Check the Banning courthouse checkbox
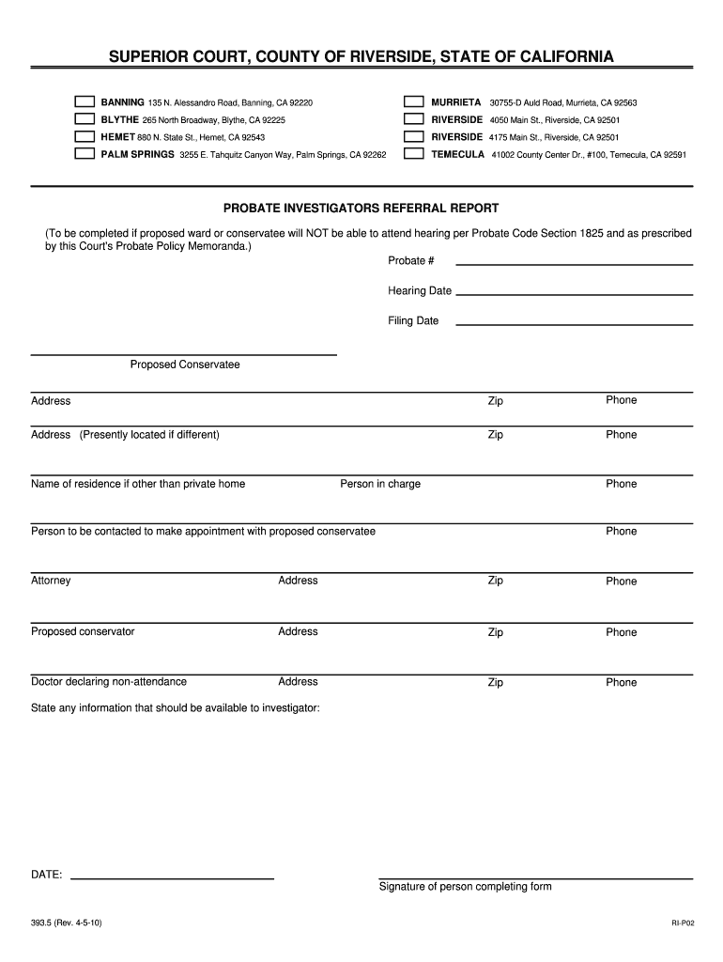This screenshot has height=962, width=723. (x=85, y=101)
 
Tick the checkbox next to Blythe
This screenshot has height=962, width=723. (x=85, y=119)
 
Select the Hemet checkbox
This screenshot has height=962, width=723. (x=85, y=137)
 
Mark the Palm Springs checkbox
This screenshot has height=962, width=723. (x=85, y=154)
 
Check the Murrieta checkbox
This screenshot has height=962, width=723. (x=413, y=101)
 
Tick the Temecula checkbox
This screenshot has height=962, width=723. (x=413, y=154)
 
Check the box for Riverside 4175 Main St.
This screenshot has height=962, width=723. (x=413, y=137)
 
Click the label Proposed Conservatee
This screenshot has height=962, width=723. (x=185, y=365)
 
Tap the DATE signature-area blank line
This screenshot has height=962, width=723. (x=173, y=877)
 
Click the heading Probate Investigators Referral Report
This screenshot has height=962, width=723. (x=361, y=208)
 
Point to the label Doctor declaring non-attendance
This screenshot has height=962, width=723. (x=109, y=682)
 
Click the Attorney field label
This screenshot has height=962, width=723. (x=51, y=581)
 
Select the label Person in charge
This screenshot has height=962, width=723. (x=380, y=484)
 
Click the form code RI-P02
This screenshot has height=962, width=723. (x=682, y=924)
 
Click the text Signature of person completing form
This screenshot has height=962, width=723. (x=465, y=887)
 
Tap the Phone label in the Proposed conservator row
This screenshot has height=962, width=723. (x=621, y=632)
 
